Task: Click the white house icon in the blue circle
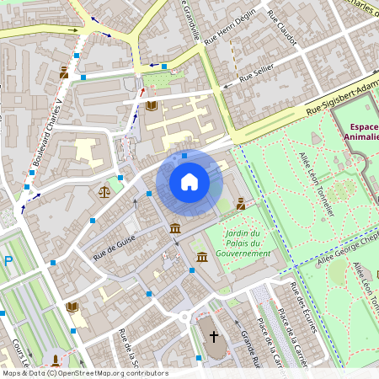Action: click(x=189, y=182)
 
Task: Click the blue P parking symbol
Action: click(x=8, y=261)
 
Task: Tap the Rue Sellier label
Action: click(x=257, y=77)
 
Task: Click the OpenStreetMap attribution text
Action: click(x=84, y=373)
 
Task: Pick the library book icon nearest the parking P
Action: click(x=72, y=307)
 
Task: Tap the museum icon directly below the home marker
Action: click(x=174, y=229)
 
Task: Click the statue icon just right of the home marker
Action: click(x=241, y=203)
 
